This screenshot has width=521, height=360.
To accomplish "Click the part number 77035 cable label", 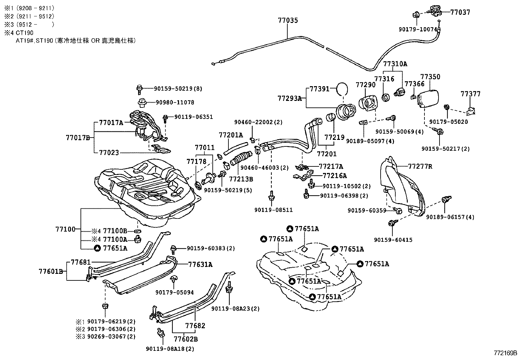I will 288,20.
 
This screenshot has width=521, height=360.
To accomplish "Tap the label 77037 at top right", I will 460,12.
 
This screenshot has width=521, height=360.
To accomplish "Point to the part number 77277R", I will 420,166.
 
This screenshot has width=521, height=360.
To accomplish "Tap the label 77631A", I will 200,265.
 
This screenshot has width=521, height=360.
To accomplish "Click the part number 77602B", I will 186,339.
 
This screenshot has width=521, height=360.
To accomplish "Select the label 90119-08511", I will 273,210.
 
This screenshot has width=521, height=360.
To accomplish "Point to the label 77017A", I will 111,123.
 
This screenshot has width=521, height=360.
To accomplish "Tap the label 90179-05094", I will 174,292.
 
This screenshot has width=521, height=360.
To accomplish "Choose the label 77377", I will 470,94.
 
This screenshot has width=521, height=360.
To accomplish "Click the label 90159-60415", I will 393,240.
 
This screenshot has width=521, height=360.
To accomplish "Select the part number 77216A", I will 334,176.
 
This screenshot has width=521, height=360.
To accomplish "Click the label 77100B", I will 115,231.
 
